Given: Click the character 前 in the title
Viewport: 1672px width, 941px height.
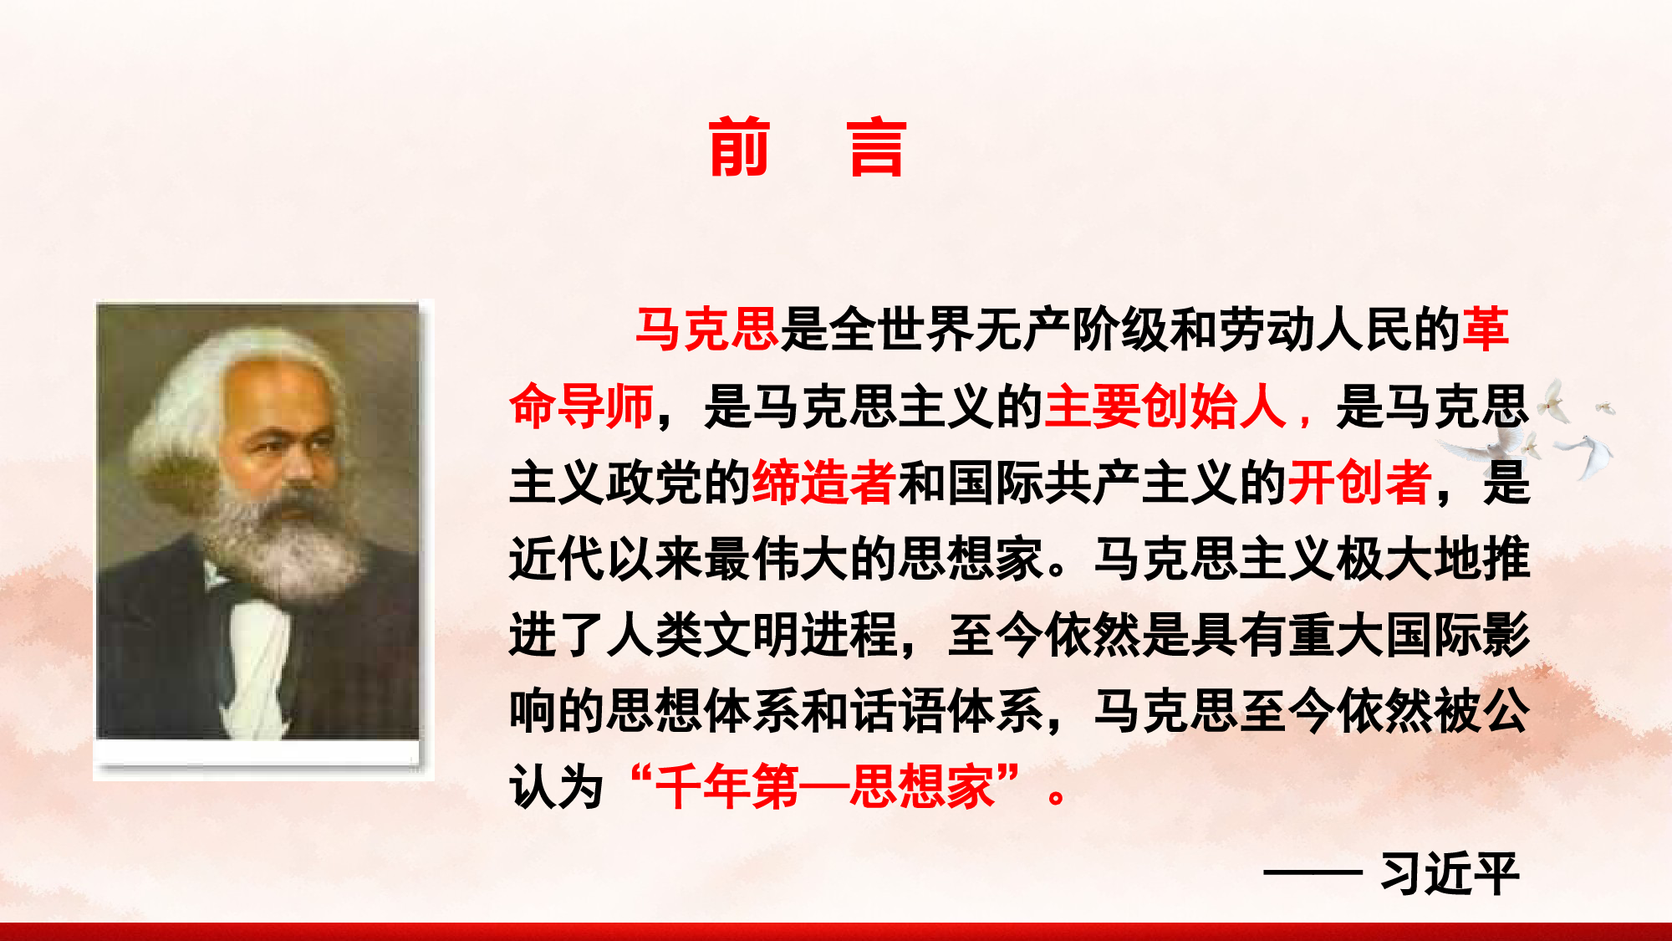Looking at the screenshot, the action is coord(739,147).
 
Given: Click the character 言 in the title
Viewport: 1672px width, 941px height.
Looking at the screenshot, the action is coord(877,147).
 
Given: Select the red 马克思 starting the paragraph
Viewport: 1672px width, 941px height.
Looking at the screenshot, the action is coord(707,329).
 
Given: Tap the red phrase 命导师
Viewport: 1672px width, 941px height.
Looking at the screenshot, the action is coord(582,406).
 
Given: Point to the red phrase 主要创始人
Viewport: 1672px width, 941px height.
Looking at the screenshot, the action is coord(1165,406).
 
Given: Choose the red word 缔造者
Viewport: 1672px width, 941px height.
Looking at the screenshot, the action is coord(824,483).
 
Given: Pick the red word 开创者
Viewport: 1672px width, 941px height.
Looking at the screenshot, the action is coord(1359,483).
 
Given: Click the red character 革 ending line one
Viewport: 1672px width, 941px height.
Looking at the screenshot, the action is coord(1486,329).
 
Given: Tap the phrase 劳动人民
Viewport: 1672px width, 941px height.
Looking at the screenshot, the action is coord(1316,329).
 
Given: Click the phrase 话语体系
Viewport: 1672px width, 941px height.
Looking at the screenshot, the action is coord(947,712).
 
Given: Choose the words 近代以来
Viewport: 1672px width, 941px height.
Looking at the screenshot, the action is coord(607,559).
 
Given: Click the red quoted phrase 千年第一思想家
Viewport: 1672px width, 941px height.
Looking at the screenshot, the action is coord(826,787).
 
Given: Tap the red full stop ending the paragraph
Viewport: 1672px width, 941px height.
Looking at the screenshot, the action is coord(1057,795).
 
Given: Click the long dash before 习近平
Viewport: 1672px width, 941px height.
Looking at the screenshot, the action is coord(1313,873).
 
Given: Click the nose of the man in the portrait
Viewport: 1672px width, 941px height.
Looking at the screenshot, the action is coord(297,464).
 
